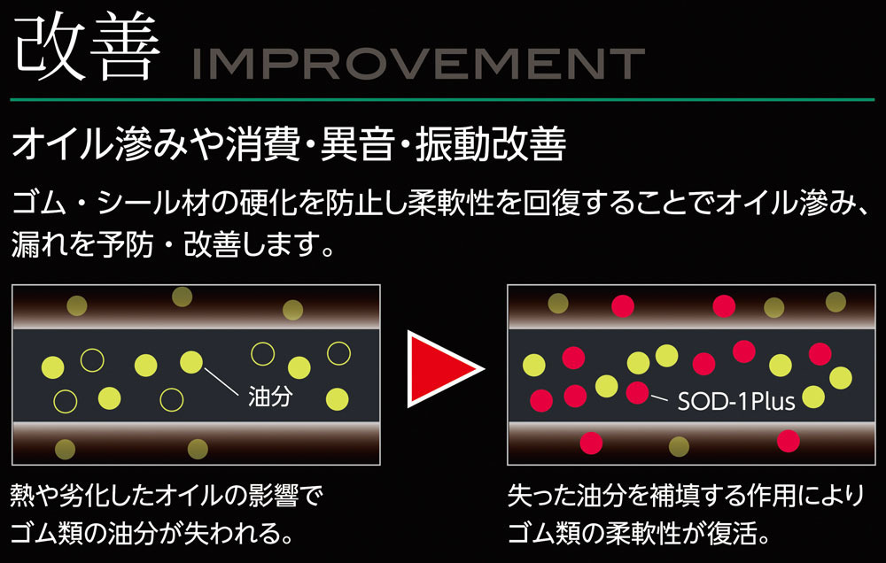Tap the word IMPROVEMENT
point(419,64)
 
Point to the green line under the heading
point(442,100)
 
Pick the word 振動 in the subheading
point(453,144)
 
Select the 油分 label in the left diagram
point(270,397)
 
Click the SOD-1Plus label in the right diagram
point(735,402)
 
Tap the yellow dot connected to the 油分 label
point(191,362)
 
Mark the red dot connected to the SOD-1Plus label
point(637,392)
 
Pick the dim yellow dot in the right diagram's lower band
point(679,447)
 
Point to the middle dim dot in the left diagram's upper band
point(182,297)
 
